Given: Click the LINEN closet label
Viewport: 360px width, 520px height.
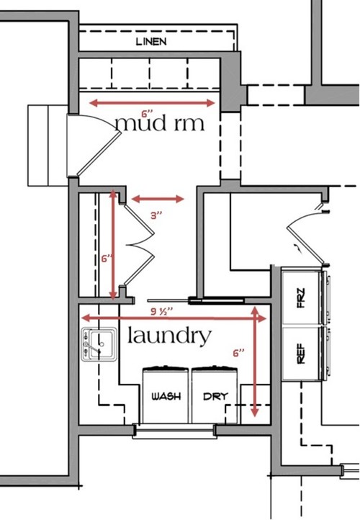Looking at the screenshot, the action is point(151,42).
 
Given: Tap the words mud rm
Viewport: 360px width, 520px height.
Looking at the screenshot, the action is point(160,123).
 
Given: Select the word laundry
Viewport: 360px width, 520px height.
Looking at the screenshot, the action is point(169,336).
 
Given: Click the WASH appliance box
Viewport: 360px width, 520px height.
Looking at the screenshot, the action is point(166,395).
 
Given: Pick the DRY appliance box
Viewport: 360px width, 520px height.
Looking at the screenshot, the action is point(215,395).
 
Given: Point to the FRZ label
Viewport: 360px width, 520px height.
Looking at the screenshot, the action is point(302,297).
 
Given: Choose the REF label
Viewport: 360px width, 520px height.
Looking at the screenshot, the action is point(302,354).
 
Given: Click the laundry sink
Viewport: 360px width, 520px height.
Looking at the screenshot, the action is point(99,344).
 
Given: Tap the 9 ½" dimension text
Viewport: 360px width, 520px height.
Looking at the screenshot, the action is point(162,312).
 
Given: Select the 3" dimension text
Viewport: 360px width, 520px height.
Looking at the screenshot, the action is point(156,215).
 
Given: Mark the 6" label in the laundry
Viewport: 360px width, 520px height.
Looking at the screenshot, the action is point(238,353).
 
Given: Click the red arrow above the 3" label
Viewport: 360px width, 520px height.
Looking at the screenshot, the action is point(158,199).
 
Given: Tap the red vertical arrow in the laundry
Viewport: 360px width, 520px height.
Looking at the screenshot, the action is point(255,362).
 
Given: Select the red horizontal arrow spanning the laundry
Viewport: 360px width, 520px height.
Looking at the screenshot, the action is point(174,319).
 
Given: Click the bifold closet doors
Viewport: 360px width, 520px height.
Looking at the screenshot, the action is point(139,245).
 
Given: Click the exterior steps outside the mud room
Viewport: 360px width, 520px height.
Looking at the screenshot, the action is point(48,145).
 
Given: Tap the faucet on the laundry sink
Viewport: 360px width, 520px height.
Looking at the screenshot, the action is point(92,346).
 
